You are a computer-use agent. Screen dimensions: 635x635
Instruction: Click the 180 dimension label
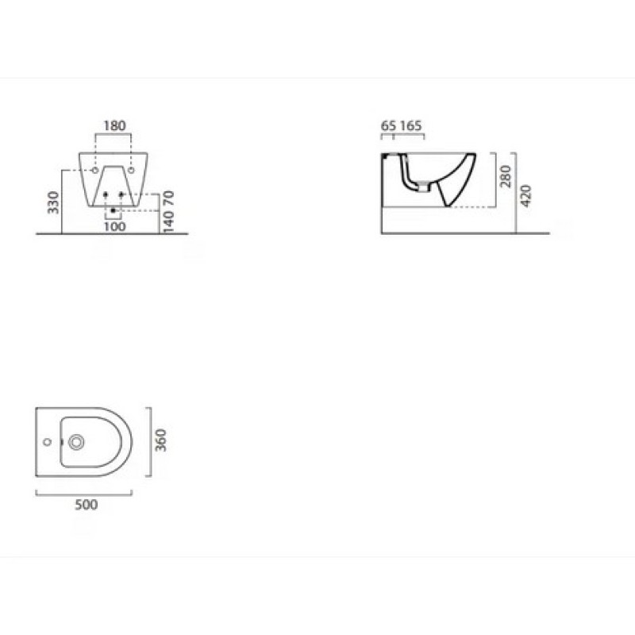pos(114,126)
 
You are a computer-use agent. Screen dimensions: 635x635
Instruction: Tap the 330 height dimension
pos(53,202)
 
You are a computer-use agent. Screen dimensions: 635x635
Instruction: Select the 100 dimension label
pos(114,226)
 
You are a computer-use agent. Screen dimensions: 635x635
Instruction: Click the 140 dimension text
pos(168,221)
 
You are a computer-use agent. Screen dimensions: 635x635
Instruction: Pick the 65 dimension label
pos(388,125)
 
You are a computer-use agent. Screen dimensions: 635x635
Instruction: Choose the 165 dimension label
pos(410,125)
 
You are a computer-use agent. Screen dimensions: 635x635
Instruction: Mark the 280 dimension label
pos(506,176)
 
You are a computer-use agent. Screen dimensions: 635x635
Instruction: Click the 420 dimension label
pos(525,195)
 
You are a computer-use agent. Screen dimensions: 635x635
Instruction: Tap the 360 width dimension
pos(161,440)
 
